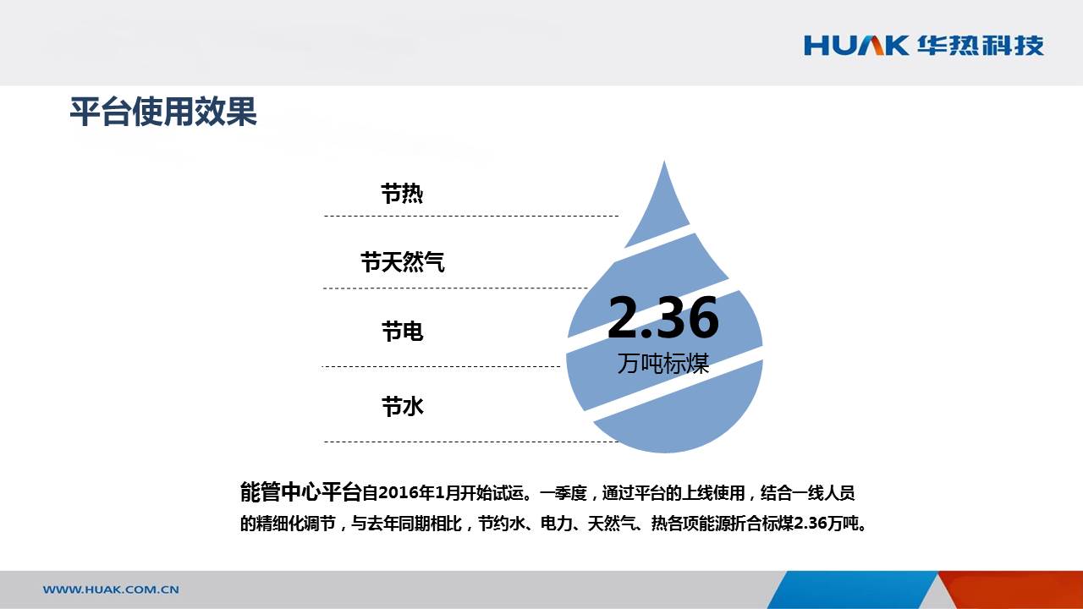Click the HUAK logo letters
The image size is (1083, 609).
tap(856, 46)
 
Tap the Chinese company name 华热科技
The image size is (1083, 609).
tap(981, 46)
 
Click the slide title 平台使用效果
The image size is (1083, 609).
tap(163, 112)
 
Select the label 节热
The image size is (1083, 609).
tap(402, 194)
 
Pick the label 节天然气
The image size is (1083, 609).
tap(402, 262)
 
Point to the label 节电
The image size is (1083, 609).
tap(402, 332)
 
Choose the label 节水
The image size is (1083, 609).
tap(402, 406)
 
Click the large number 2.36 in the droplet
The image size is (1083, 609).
tap(663, 317)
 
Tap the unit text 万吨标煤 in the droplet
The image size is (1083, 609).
tap(663, 364)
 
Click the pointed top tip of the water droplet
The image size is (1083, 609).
tap(664, 162)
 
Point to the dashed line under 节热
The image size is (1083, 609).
tap(471, 216)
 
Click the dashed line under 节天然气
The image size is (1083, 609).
tap(455, 288)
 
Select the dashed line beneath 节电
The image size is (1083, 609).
tap(441, 367)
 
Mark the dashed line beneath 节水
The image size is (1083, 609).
tap(471, 442)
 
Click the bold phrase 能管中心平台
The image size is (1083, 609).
tap(300, 492)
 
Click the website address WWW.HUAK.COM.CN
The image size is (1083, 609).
tap(111, 590)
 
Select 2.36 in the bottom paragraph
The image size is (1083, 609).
tap(811, 524)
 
